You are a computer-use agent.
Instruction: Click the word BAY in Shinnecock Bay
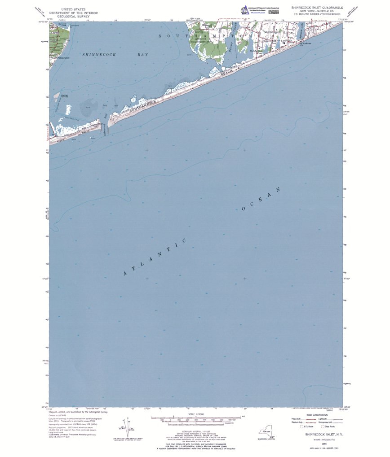tap(142, 54)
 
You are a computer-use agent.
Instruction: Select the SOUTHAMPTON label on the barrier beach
tap(145, 106)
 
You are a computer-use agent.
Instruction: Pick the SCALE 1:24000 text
tap(196, 414)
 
